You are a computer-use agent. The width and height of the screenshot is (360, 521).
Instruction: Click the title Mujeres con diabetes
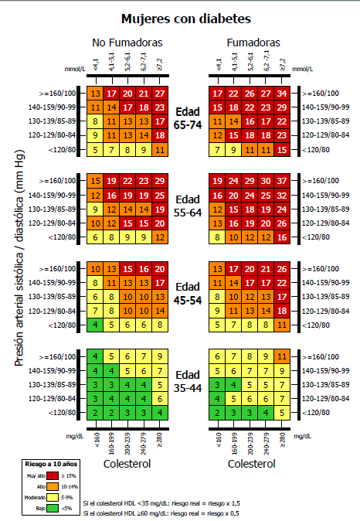[x=186, y=19]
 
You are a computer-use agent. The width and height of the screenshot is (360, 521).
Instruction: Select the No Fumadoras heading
[x=127, y=43]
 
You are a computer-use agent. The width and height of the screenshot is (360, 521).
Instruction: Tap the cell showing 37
[x=282, y=181]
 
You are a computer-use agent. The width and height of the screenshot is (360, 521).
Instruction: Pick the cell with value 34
[x=282, y=94]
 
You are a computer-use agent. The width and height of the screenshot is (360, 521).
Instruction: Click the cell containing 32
[x=282, y=196]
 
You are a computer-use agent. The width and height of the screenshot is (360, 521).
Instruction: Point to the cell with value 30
[x=266, y=181]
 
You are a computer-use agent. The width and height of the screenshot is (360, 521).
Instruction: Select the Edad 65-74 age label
[x=188, y=118]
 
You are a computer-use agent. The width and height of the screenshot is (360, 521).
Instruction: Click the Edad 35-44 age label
[x=188, y=381]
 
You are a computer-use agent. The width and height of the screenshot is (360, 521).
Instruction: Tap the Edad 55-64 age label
[x=188, y=206]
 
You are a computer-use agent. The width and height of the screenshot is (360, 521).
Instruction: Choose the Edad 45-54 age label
[x=188, y=294]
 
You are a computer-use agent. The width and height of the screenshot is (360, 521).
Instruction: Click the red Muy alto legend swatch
[x=53, y=476]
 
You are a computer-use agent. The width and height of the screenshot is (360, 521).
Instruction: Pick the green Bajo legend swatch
[x=53, y=508]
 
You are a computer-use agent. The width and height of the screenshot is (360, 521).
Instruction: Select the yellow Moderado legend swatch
[x=53, y=497]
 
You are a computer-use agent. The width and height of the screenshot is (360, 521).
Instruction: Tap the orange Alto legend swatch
[x=53, y=486]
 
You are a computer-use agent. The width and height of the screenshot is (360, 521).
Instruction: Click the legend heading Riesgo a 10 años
[x=51, y=464]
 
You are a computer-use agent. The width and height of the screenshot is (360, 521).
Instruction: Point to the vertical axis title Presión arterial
[x=19, y=258]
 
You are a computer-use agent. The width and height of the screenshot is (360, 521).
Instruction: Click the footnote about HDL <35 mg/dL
[x=161, y=503]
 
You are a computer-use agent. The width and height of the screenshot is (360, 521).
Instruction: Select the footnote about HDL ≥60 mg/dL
[x=161, y=513]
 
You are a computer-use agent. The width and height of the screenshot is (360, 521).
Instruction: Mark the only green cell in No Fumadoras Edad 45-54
[x=95, y=325]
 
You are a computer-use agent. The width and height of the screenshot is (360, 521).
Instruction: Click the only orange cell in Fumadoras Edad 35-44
[x=282, y=356]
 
